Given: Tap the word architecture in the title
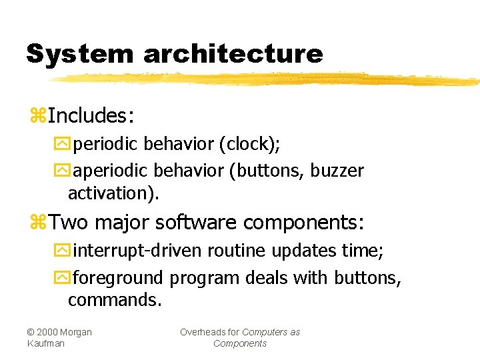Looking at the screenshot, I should click(233, 54).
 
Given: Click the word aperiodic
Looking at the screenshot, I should click(107, 171).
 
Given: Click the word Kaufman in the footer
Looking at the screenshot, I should click(47, 343).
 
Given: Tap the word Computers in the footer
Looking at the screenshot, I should click(265, 332).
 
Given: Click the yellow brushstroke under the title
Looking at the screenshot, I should click(267, 79).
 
